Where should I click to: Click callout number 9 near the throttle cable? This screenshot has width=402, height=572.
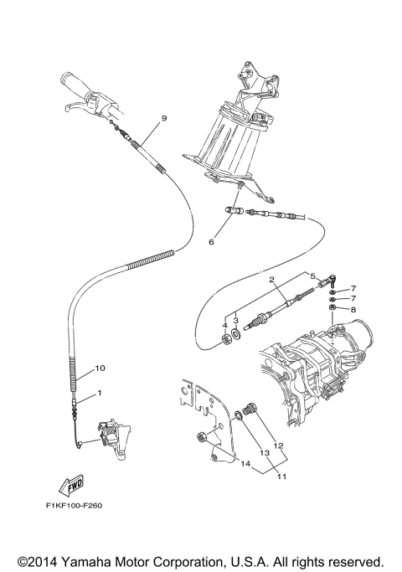(164, 118)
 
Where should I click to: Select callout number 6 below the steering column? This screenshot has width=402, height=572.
(211, 242)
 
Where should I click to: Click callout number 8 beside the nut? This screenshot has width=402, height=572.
(353, 310)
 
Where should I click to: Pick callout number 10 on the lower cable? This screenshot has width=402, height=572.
(99, 368)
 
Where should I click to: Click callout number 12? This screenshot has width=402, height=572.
(278, 446)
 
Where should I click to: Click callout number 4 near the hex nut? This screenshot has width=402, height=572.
(224, 324)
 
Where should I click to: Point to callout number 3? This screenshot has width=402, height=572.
(237, 319)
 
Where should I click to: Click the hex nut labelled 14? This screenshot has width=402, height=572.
(201, 436)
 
